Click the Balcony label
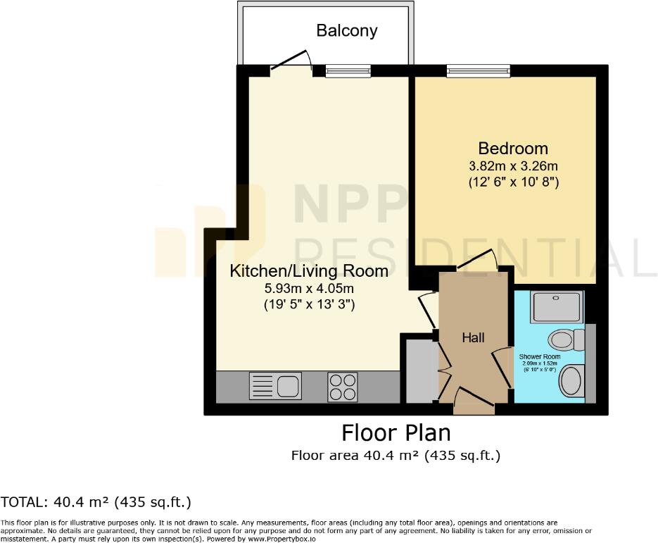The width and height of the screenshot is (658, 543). pyautogui.click(x=346, y=31)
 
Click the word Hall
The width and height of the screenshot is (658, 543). pyautogui.click(x=473, y=338)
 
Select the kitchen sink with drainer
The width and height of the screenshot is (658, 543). pyautogui.click(x=274, y=386)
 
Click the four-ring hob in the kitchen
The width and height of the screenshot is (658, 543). pyautogui.click(x=342, y=387)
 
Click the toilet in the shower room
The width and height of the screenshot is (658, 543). pyautogui.click(x=566, y=341)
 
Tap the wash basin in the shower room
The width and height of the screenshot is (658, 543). pyautogui.click(x=571, y=382)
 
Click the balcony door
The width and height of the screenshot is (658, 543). pyautogui.click(x=291, y=62)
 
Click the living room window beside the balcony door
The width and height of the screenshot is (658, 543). pyautogui.click(x=348, y=70)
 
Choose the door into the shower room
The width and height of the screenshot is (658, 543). pyautogui.click(x=502, y=366)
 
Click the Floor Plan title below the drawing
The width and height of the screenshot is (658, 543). pyautogui.click(x=396, y=432)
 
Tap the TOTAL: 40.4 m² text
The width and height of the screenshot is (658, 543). pyautogui.click(x=96, y=502)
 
